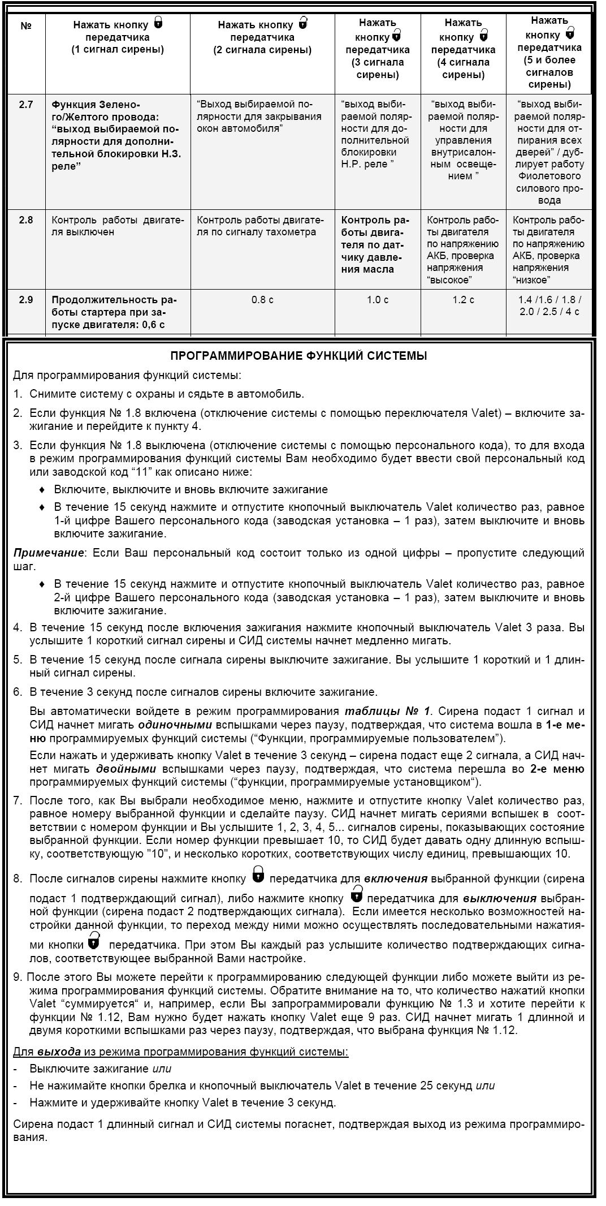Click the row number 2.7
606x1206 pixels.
pos(26,105)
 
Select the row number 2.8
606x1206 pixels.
pos(26,220)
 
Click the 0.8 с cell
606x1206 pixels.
pos(262,300)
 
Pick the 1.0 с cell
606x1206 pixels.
pos(378,300)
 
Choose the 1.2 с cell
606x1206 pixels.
pos(463,300)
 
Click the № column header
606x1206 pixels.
pos(26,26)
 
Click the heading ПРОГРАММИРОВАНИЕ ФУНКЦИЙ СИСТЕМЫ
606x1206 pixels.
pos(298,356)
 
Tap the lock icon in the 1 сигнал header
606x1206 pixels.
pos(158,23)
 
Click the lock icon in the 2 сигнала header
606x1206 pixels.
pos(303,23)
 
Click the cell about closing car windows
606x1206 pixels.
pos(259,117)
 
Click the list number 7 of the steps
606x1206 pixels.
pos(18,801)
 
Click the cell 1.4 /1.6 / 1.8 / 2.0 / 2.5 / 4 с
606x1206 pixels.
pos(548,306)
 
